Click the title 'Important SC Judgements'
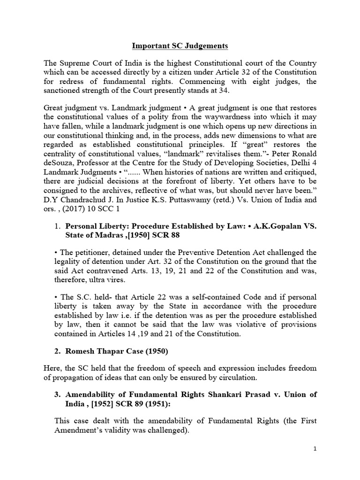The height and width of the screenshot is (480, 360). point(180,46)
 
